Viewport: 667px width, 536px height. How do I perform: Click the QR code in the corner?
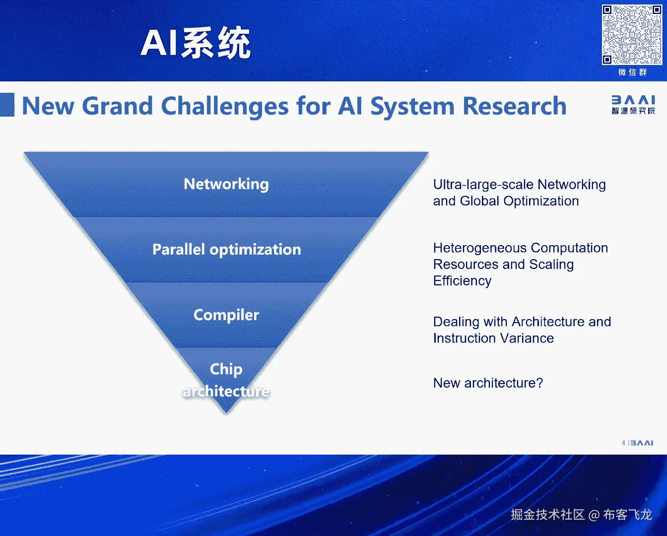point(632,35)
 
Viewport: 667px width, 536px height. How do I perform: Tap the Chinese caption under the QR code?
point(632,72)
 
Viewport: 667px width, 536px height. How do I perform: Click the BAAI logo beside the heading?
point(633,105)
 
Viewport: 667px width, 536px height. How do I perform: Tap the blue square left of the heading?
point(7,105)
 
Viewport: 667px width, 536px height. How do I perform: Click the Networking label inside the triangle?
point(226,184)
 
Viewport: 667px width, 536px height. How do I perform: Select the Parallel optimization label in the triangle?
point(226,249)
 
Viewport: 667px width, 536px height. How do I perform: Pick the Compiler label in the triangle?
point(226,315)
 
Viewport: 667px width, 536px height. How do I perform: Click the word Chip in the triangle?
point(226,369)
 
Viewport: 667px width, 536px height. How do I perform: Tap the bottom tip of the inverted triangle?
point(226,410)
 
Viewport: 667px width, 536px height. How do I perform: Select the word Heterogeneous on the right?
point(479,248)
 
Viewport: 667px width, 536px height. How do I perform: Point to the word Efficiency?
point(462,281)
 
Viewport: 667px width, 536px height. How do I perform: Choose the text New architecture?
point(488,383)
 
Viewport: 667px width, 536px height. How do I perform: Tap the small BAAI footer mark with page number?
point(638,443)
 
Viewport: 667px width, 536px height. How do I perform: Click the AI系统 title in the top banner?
point(196,44)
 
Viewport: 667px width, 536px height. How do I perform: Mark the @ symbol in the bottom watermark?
point(594,515)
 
